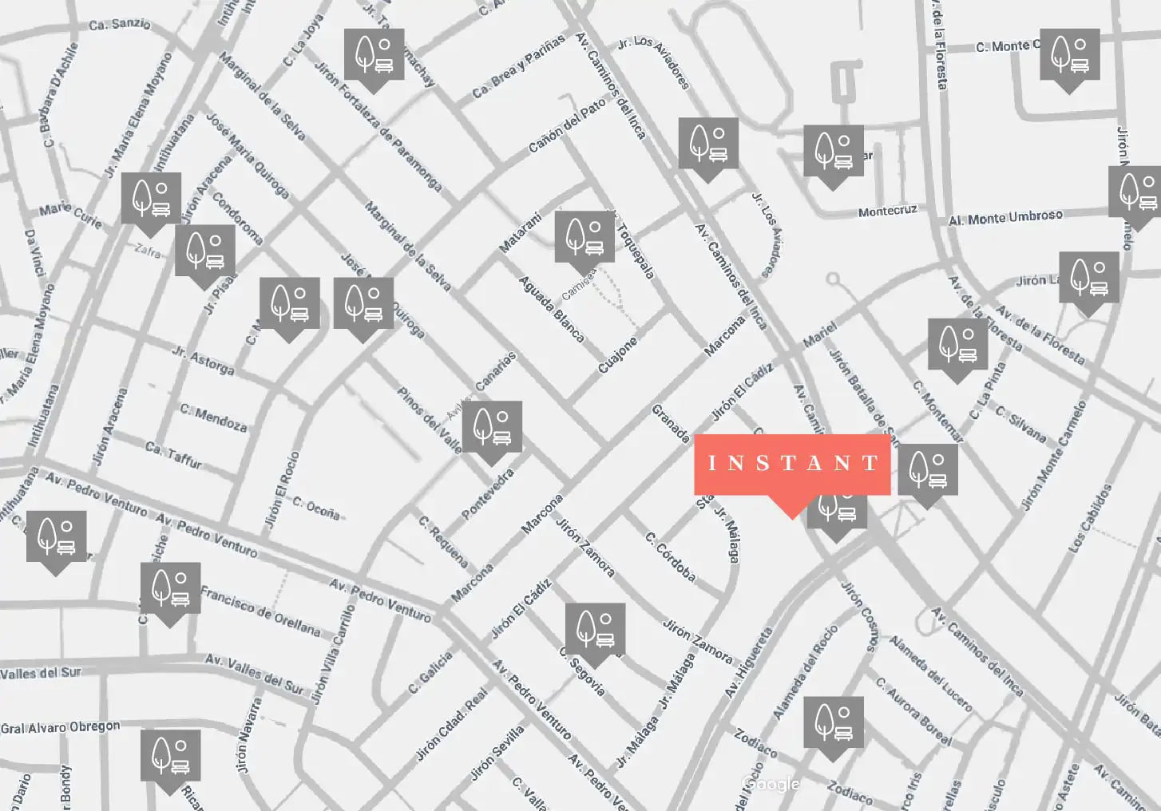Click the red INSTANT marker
click(x=792, y=465)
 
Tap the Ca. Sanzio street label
click(x=120, y=24)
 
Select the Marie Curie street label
click(x=70, y=215)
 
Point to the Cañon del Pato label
click(x=567, y=125)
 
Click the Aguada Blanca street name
click(x=552, y=309)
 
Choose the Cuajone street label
click(x=618, y=354)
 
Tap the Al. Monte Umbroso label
click(x=1005, y=217)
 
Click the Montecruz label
click(x=887, y=212)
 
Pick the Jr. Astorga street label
click(x=203, y=360)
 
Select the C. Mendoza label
click(x=213, y=417)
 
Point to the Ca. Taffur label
click(x=173, y=454)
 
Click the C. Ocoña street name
click(x=316, y=508)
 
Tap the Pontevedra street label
click(x=488, y=493)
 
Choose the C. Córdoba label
click(x=671, y=556)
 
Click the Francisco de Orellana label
click(x=260, y=611)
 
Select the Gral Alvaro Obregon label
click(x=61, y=727)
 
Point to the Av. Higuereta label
click(x=748, y=662)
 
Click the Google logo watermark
click(x=771, y=784)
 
